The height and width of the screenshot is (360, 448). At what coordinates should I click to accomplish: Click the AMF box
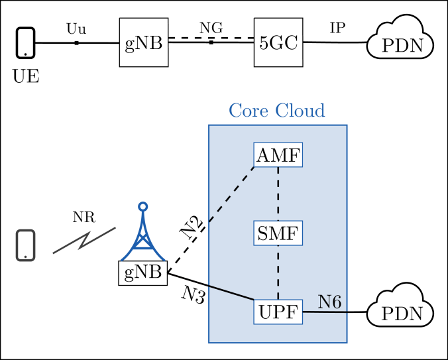pos(278,155)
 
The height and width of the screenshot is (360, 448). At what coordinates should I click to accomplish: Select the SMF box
pos(278,233)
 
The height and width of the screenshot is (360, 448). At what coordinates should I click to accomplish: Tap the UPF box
pos(278,312)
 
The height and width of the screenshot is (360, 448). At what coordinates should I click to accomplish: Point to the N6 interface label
pos(329,302)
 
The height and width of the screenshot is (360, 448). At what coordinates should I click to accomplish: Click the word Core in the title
pos(248,111)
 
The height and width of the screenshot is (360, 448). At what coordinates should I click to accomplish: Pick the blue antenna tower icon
pos(142,235)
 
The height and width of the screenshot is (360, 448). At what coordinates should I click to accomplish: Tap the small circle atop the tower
pos(142,206)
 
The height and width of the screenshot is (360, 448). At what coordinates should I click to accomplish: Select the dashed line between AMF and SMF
pos(278,194)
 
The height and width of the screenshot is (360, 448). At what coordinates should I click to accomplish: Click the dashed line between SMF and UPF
pos(278,272)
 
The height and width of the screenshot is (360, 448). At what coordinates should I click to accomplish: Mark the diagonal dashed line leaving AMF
pos(232,194)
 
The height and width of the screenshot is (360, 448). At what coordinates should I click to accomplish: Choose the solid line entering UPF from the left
pos(231,293)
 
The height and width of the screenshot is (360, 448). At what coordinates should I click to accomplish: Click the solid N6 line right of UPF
pos(325,312)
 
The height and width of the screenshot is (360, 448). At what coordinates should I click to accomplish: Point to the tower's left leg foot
pos(123,259)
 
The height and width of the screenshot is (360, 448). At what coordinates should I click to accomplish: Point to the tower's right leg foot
pos(163,259)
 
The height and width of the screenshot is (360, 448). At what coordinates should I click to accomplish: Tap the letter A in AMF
pos(263,156)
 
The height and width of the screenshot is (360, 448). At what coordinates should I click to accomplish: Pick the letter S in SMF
pos(262,234)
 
